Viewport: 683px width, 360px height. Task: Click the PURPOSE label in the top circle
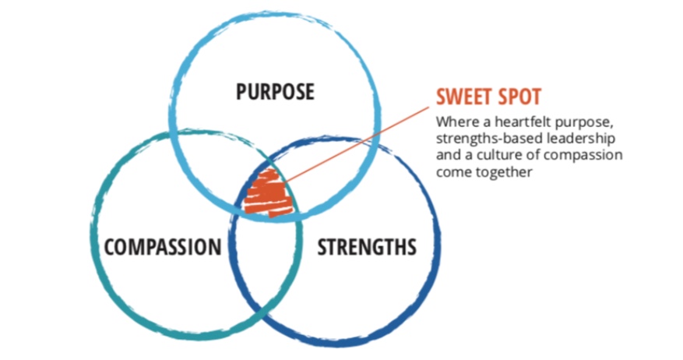click(x=276, y=93)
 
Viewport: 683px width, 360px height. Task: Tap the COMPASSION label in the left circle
click(x=163, y=248)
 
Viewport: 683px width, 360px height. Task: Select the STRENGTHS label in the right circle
click(x=366, y=248)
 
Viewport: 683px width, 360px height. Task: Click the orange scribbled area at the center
click(x=267, y=191)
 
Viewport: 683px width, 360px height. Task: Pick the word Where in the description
click(x=453, y=122)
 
